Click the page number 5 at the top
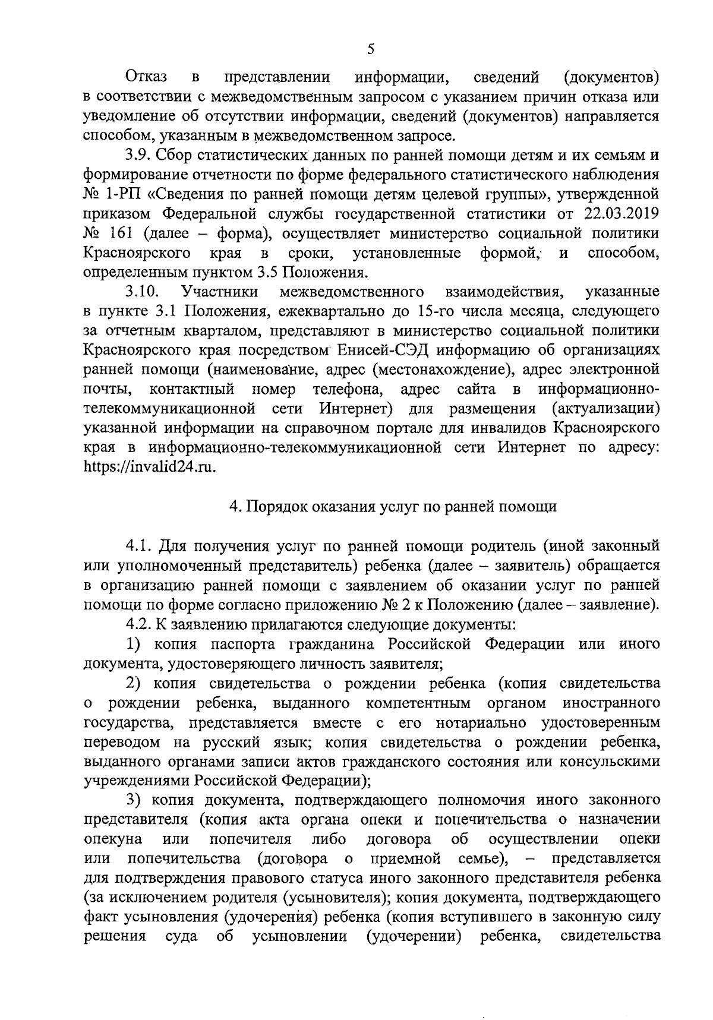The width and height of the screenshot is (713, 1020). pyautogui.click(x=370, y=49)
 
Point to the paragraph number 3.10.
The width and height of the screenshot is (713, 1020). pyautogui.click(x=141, y=292)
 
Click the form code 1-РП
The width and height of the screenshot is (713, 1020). pyautogui.click(x=122, y=194)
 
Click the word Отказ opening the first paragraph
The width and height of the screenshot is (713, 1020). pyautogui.click(x=146, y=77)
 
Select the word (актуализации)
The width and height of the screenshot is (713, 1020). pyautogui.click(x=606, y=409)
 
